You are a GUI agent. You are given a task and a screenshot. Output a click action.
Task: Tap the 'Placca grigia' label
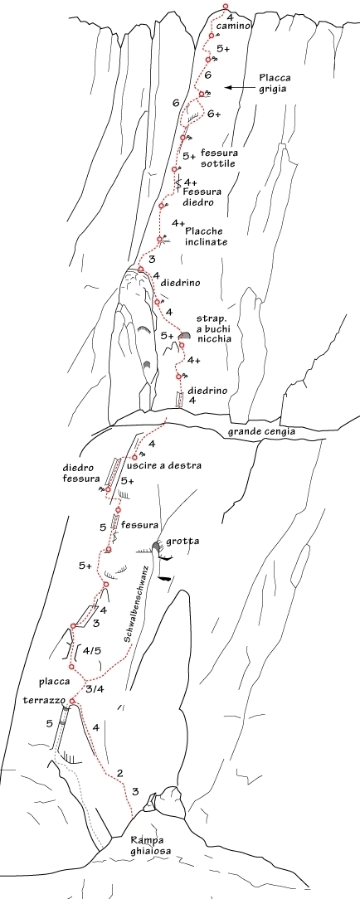point(273,83)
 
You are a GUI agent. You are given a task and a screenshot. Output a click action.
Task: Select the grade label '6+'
point(214,114)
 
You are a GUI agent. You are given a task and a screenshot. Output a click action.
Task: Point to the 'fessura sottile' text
point(218,158)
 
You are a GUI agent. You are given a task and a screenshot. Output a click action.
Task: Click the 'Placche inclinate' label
point(207,236)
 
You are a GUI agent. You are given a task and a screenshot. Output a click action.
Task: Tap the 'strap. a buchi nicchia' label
point(214,328)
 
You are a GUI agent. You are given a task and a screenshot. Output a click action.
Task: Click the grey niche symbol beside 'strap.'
point(184,334)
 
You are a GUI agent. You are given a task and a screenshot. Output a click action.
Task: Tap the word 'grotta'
point(179,542)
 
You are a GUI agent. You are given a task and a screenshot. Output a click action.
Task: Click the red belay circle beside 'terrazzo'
point(72,701)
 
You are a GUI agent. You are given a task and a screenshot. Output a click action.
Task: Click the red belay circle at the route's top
point(226,7)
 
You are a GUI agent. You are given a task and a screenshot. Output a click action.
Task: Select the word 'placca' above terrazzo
point(55,683)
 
